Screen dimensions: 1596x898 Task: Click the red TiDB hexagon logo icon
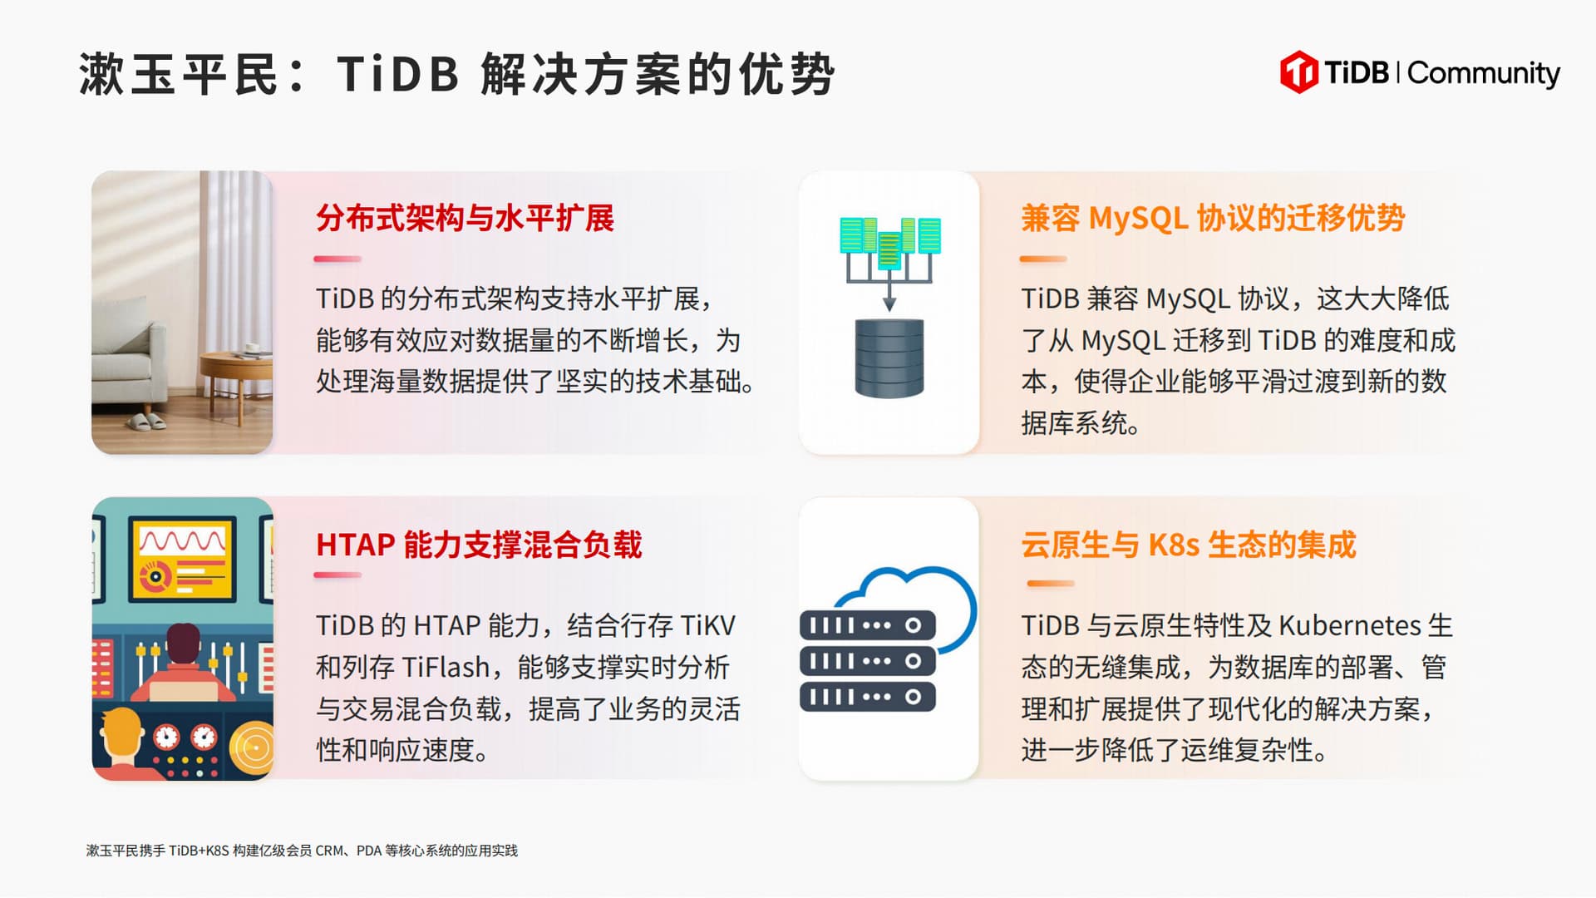pos(1298,72)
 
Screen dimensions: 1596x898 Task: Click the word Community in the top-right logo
pos(1484,73)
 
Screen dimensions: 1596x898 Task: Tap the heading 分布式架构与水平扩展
pos(465,218)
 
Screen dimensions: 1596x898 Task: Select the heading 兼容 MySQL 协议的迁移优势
pos(1213,218)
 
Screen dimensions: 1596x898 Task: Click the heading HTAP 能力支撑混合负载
pos(479,545)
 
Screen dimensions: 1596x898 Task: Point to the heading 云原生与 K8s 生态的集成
pos(1189,545)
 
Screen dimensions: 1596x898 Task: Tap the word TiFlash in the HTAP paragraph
pos(446,667)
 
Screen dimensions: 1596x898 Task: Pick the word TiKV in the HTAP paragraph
pos(707,625)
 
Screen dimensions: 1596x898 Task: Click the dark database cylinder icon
pos(889,358)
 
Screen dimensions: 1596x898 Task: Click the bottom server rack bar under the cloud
pos(868,697)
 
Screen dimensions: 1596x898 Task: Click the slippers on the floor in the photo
pos(147,422)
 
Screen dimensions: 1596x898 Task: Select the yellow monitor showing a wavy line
pos(182,559)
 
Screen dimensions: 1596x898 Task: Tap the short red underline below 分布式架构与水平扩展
pos(337,259)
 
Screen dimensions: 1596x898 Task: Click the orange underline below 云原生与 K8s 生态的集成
pos(1051,584)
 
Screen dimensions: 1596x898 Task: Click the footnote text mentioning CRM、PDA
pos(302,851)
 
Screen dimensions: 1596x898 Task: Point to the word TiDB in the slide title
pos(398,74)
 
